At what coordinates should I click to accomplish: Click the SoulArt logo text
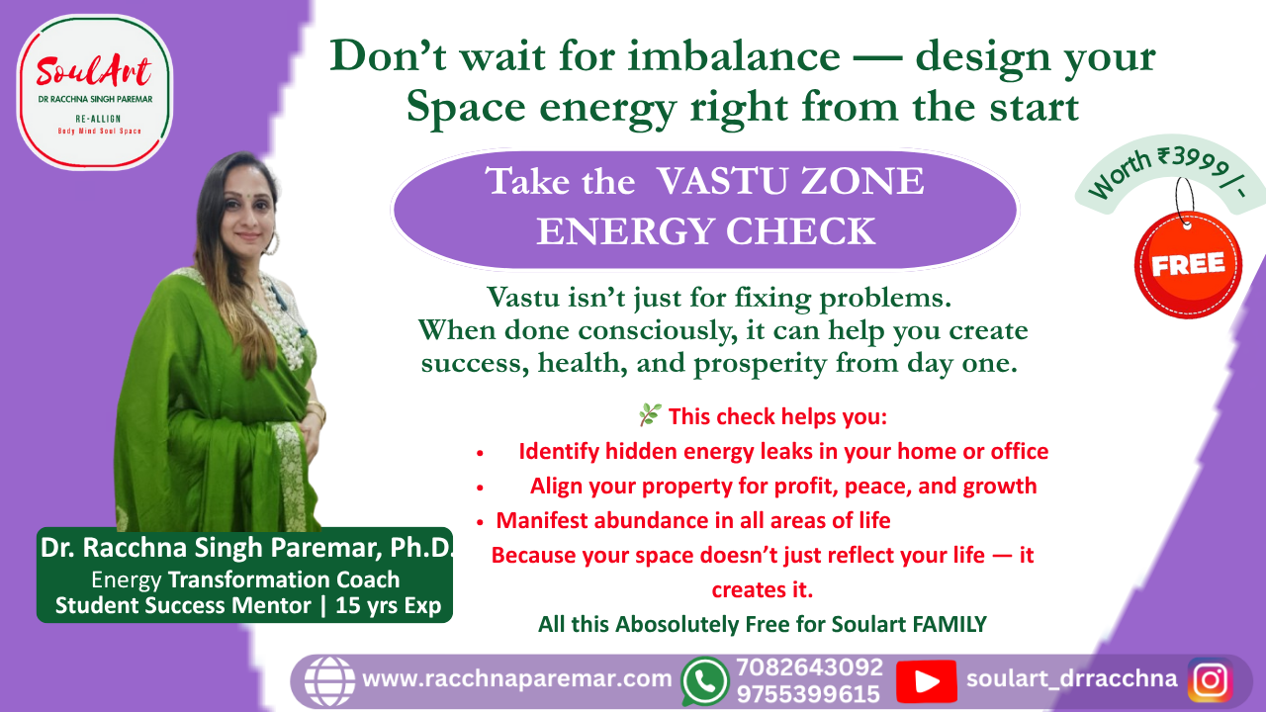94,72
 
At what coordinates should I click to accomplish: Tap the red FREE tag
1188,264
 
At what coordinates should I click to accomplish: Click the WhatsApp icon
704,681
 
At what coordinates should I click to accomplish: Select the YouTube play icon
927,681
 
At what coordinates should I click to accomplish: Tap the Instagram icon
1210,679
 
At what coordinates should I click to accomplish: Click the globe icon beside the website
329,681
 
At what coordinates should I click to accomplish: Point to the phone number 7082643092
809,667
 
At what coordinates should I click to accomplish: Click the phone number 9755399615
809,694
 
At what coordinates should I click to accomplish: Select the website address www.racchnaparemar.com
516,678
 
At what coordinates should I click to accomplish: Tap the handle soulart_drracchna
1071,678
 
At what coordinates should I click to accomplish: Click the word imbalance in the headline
734,56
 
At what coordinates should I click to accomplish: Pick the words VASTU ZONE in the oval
790,181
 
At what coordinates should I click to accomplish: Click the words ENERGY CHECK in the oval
706,231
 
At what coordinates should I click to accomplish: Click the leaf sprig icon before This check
650,414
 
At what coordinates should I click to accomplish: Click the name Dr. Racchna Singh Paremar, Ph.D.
246,548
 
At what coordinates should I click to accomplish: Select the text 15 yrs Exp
389,605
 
